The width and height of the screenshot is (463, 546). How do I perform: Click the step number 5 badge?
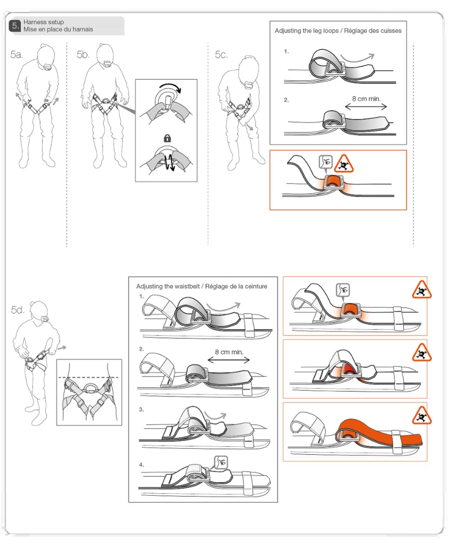point(15,26)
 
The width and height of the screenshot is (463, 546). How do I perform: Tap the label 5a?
point(17,55)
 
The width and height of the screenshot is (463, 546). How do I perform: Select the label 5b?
point(83,55)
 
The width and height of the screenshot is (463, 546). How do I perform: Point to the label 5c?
point(221,55)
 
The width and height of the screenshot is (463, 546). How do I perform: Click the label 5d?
point(18,310)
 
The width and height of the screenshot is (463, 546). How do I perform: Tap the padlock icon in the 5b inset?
point(168,138)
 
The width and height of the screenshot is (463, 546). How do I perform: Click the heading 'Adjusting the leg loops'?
point(307,31)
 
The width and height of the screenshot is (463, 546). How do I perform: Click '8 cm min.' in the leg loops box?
point(366,99)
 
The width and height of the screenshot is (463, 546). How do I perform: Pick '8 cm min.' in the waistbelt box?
point(229,352)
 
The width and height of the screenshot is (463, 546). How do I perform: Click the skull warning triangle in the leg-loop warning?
point(344,164)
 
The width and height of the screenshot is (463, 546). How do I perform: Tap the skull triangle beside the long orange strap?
point(422,415)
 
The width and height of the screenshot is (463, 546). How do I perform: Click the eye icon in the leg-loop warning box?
point(326,162)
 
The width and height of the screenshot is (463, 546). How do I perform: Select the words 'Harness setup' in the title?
point(44,22)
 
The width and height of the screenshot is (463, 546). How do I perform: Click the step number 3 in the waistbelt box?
point(141,409)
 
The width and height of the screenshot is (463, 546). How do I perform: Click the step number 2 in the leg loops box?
point(286,100)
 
